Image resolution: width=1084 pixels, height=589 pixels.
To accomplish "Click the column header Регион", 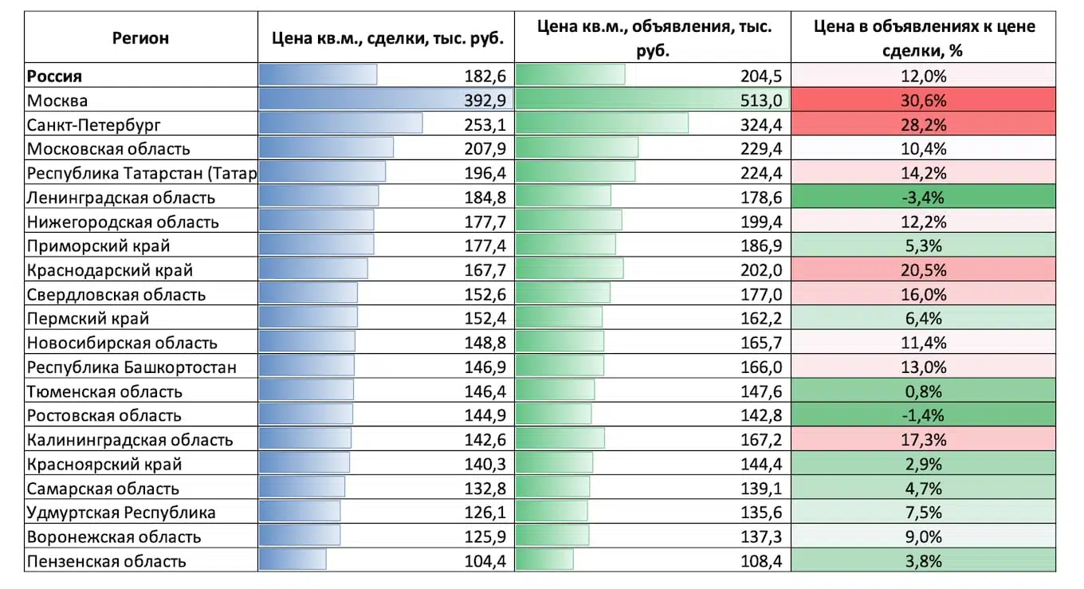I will [140, 37].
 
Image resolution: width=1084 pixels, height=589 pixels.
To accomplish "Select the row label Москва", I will [57, 100].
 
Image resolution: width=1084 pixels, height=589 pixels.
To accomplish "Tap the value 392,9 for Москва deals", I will [485, 100].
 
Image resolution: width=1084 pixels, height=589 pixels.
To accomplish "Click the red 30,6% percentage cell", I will [924, 100].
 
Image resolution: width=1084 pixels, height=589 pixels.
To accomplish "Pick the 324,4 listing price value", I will [760, 125].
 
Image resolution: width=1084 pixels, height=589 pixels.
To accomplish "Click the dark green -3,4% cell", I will [924, 198].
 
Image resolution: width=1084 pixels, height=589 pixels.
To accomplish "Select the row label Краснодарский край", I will [110, 270].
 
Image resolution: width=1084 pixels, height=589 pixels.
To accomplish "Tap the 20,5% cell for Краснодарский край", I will [924, 270].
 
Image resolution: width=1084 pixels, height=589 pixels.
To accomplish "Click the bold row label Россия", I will [55, 77].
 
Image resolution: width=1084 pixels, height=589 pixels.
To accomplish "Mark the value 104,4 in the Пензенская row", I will [485, 561].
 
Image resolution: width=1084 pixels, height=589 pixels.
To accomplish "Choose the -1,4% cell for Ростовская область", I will [924, 415].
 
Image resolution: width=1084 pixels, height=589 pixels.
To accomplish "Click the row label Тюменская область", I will [104, 391].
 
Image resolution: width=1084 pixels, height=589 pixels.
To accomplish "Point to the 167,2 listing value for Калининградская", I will [760, 440].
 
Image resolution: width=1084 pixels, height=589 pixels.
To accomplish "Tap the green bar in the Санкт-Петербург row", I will [602, 125].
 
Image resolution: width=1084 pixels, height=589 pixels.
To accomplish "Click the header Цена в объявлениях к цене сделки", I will [924, 38].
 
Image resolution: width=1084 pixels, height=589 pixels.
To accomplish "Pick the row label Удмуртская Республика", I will [121, 512].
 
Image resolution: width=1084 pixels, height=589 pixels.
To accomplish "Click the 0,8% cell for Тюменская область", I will [924, 391].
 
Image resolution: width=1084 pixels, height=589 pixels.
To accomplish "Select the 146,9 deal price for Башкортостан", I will [485, 367].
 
